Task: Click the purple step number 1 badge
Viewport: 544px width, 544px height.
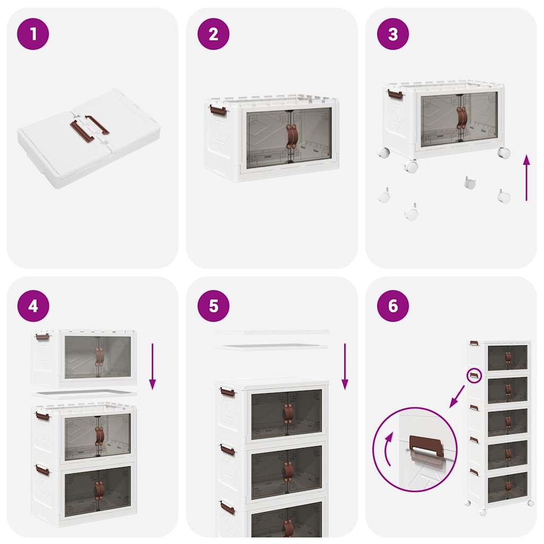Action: click(x=33, y=34)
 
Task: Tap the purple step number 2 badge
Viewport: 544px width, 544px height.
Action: click(x=213, y=34)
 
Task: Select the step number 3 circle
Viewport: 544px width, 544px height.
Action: click(x=393, y=34)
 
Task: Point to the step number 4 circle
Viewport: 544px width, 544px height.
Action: click(x=33, y=306)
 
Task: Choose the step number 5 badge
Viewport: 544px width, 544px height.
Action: click(x=213, y=306)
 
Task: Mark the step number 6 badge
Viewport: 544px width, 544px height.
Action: click(x=393, y=306)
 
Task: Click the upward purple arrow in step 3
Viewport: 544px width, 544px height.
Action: click(x=526, y=177)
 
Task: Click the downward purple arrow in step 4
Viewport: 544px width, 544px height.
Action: click(x=152, y=367)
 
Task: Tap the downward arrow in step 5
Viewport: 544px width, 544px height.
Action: click(x=345, y=367)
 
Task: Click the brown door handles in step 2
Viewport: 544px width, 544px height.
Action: click(x=292, y=137)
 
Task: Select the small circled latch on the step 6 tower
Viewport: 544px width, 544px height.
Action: click(x=474, y=376)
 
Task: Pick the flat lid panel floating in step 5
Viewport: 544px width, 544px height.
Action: click(x=272, y=346)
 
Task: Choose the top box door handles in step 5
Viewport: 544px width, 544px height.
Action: click(x=288, y=413)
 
